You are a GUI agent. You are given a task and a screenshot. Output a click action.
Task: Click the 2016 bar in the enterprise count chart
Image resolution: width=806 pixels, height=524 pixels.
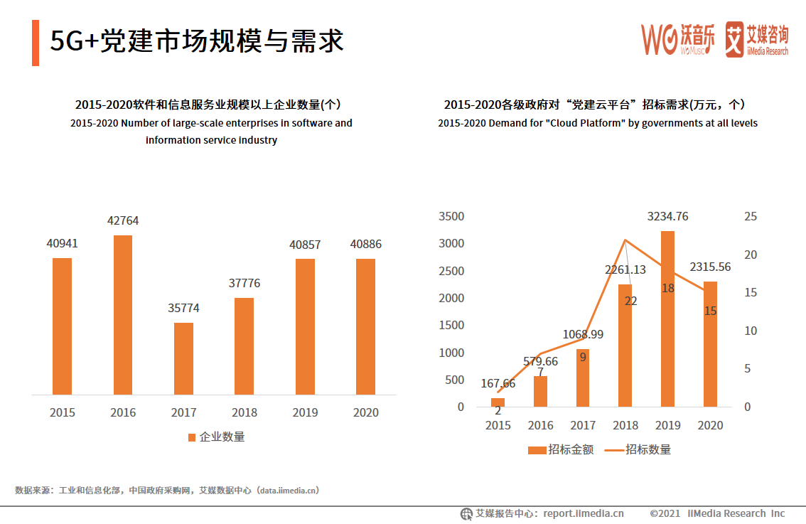(x=123, y=315)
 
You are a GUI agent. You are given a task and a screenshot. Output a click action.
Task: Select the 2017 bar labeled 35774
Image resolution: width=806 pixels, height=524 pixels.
(x=183, y=358)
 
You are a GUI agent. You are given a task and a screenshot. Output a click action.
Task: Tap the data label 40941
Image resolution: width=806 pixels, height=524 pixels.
(x=63, y=244)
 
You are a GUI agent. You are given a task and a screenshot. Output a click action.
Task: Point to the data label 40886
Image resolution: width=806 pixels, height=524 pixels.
(x=365, y=245)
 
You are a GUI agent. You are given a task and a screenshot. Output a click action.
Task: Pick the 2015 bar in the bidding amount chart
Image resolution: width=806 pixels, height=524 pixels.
(x=498, y=402)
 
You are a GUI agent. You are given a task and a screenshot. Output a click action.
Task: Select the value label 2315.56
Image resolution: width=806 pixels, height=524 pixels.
(x=711, y=267)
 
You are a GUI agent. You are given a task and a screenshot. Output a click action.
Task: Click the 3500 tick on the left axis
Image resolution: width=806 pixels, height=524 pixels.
(x=451, y=217)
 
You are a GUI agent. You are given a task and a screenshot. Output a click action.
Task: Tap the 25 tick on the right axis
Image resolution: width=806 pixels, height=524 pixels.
(x=751, y=217)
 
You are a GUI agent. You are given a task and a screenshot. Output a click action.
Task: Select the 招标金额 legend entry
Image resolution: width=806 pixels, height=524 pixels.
(x=561, y=449)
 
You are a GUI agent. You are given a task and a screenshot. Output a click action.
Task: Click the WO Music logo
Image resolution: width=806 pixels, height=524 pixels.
(x=678, y=39)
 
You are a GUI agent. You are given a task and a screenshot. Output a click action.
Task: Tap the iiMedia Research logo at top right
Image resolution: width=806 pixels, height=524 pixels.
(x=756, y=39)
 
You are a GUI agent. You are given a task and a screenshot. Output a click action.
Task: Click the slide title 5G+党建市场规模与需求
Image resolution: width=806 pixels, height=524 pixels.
(x=197, y=41)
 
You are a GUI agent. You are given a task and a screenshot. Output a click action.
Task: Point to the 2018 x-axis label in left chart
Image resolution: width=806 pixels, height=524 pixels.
(x=244, y=412)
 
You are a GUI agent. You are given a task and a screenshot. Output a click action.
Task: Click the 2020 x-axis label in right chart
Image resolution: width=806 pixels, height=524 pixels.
(x=710, y=425)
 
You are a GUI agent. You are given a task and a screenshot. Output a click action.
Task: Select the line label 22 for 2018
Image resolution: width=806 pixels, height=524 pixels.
(x=630, y=301)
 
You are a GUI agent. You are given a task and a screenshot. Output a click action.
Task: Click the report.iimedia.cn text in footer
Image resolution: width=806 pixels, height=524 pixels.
(x=584, y=513)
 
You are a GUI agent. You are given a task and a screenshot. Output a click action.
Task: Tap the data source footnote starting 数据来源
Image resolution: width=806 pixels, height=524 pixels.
(x=167, y=490)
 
